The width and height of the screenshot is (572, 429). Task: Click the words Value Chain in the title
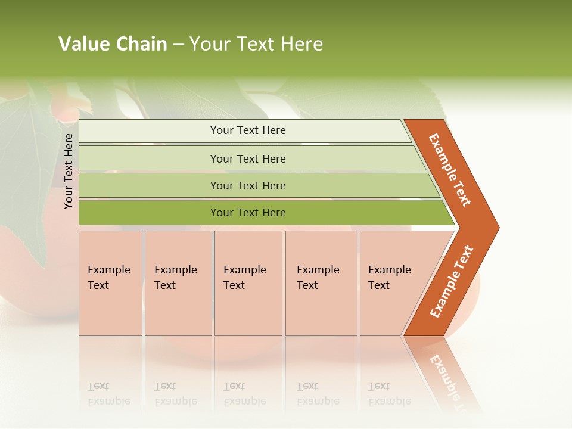click(x=113, y=44)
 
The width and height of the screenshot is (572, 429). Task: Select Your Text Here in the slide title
click(x=256, y=44)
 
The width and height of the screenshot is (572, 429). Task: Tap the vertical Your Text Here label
click(x=69, y=171)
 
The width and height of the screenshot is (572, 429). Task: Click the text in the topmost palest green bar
click(x=248, y=130)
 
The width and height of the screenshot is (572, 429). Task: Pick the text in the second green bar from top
click(x=248, y=158)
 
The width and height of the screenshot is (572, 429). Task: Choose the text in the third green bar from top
click(x=248, y=185)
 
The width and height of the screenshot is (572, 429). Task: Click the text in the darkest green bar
click(x=248, y=213)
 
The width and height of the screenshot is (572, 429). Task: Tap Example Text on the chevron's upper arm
click(x=450, y=170)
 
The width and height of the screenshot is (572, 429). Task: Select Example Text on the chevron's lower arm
click(x=452, y=282)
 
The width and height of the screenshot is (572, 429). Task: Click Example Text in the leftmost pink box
click(x=108, y=278)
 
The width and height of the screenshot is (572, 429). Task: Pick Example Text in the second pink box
click(x=175, y=278)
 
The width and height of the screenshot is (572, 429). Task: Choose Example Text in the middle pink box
click(x=244, y=278)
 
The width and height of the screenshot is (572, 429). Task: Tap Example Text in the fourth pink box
click(x=318, y=278)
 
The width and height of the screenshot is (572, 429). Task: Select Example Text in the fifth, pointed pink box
click(x=389, y=278)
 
